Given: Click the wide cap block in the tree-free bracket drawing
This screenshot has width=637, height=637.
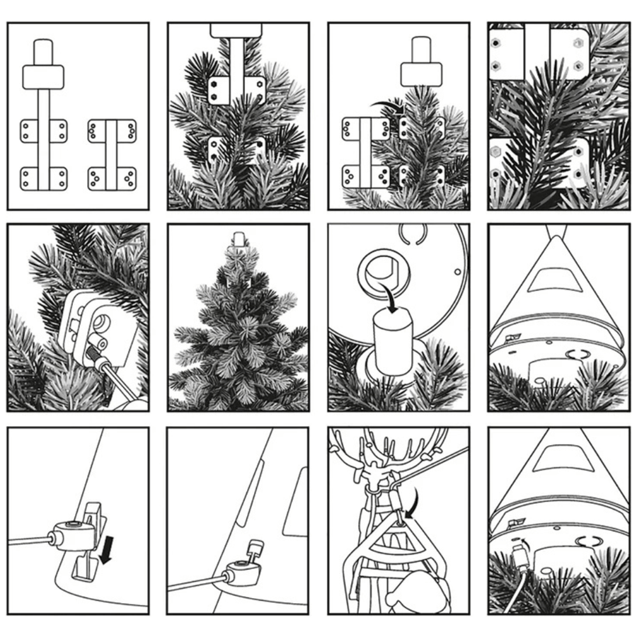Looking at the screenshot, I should pos(43,76).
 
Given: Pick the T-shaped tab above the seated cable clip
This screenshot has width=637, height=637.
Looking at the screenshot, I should pos(255,548).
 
